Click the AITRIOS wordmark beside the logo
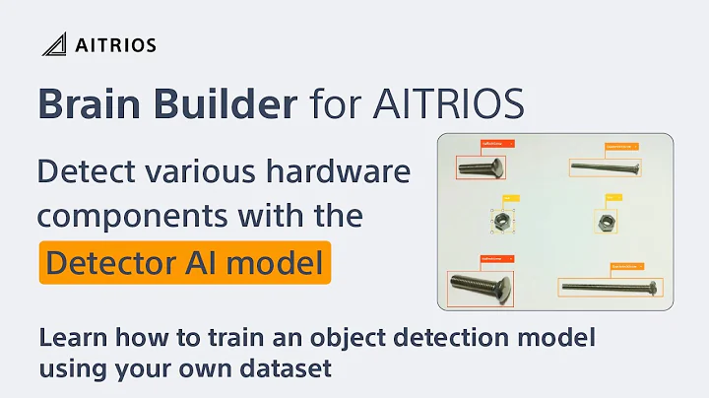[x=115, y=44]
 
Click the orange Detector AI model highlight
[x=185, y=262]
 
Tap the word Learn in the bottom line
[x=70, y=340]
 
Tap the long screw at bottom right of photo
[x=609, y=288]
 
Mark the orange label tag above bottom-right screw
[x=623, y=265]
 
